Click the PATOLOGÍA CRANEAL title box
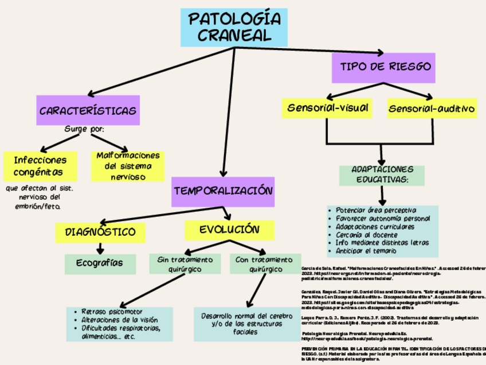point(234,28)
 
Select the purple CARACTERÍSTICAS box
point(88,110)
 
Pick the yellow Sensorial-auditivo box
point(431,108)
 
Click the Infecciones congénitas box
point(40,165)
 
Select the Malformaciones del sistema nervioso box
point(128,166)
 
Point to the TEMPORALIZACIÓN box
point(223,191)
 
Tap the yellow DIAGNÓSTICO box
point(100,232)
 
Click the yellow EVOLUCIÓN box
point(229,230)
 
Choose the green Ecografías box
point(100,263)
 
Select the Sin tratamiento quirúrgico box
point(185,264)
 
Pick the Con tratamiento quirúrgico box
point(259,264)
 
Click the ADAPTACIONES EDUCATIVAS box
point(382,176)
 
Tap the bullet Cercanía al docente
point(367,235)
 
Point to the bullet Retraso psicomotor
point(112,312)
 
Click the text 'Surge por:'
point(84,129)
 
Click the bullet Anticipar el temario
point(366,251)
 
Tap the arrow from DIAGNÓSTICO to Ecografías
point(101,248)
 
